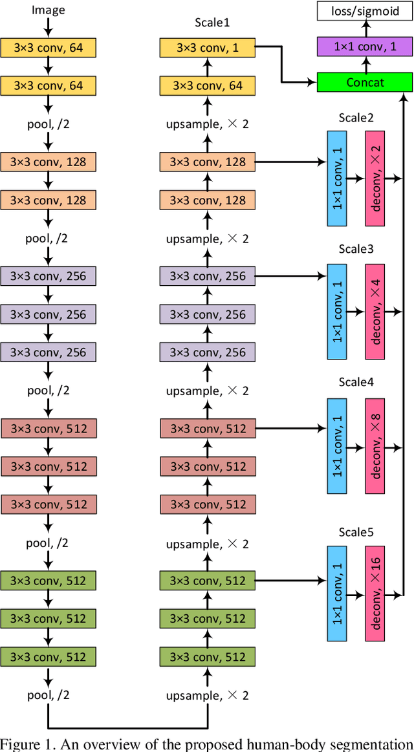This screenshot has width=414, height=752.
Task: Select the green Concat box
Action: (x=364, y=82)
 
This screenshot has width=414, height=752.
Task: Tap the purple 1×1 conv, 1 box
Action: (x=364, y=46)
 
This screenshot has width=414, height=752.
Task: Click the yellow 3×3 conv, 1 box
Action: (x=208, y=47)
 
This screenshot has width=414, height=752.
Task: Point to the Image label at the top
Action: (x=49, y=10)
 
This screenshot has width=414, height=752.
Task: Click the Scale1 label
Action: (x=212, y=22)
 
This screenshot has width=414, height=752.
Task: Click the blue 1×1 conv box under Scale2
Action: (x=337, y=178)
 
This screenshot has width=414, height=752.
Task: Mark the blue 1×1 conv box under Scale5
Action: (x=337, y=594)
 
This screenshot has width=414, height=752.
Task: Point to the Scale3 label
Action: (x=356, y=249)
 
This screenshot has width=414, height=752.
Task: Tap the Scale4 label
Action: (x=356, y=381)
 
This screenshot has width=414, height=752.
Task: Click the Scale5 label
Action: (x=356, y=532)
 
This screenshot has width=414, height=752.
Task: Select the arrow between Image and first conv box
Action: (x=49, y=28)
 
